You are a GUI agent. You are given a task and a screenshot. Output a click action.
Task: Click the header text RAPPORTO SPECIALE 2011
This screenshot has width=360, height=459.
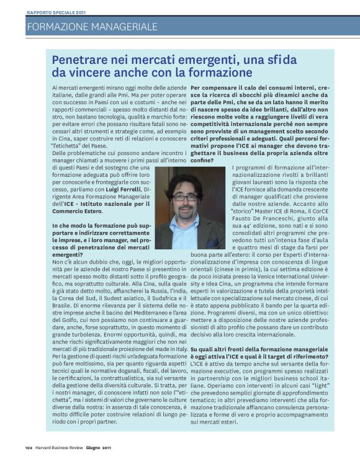tap(56, 12)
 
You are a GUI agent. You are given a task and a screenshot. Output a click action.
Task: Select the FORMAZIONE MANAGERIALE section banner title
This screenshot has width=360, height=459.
tap(92, 27)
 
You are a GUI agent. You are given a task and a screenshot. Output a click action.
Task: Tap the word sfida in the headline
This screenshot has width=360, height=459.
tap(282, 60)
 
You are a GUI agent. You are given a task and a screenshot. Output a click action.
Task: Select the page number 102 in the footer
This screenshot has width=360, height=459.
tap(28, 448)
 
